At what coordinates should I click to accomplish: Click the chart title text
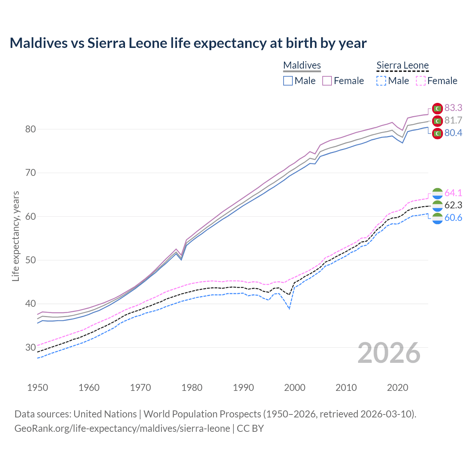pos(188,43)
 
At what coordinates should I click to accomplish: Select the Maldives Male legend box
pos(288,81)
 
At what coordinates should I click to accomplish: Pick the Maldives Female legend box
pos(327,81)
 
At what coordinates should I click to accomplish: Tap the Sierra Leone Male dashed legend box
pos(381,81)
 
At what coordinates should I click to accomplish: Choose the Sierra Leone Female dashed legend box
pos(421,81)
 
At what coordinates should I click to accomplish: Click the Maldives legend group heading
pos(302,65)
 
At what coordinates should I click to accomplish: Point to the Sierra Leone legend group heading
pos(402,65)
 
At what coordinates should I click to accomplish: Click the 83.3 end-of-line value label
pos(453,108)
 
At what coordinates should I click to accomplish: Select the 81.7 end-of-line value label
pos(453,120)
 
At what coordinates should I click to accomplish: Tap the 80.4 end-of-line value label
pos(453,133)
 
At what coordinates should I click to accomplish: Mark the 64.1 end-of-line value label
pos(453,193)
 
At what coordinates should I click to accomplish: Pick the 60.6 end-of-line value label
pos(453,218)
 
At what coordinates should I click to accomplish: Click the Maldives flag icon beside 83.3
pos(437,108)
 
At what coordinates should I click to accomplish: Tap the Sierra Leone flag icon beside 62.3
pos(437,205)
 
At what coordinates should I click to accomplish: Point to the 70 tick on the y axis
pos(31,173)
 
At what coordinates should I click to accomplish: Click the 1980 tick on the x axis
pos(192,388)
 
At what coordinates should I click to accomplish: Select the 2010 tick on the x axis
pos(346,388)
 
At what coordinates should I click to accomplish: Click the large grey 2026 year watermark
pos(389,353)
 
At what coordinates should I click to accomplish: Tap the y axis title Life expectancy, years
pos(15,236)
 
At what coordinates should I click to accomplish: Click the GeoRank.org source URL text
pos(122,428)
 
